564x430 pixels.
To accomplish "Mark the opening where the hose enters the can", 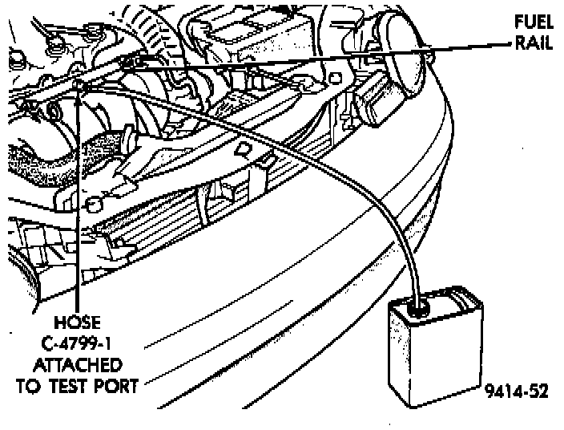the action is [x=417, y=306].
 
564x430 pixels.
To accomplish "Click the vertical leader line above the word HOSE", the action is [x=79, y=201].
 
